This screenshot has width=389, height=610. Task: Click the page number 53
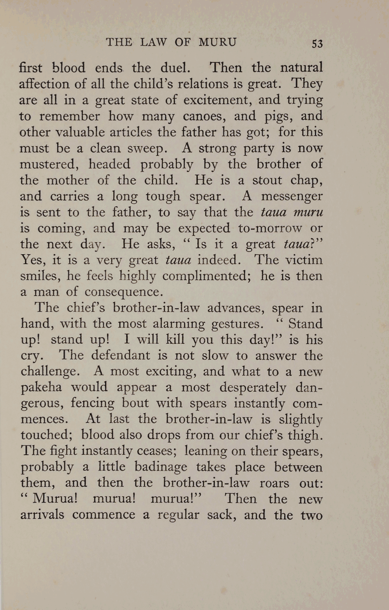[317, 44]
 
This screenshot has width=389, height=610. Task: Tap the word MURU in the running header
[218, 42]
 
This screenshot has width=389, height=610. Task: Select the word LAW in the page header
[154, 42]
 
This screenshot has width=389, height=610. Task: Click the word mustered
[50, 164]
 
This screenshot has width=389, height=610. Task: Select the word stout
[267, 180]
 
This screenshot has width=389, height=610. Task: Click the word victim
[301, 260]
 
